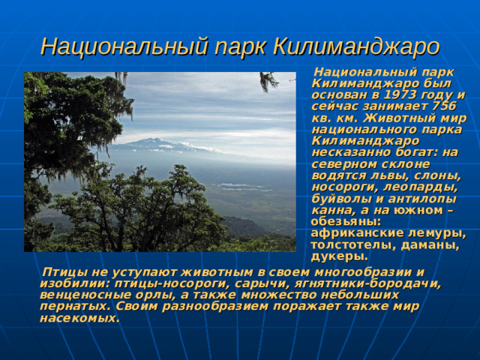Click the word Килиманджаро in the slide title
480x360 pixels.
[x=356, y=46]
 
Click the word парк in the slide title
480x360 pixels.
[x=237, y=46]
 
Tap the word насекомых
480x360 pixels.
[x=79, y=317]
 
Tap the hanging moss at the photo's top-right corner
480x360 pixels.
[x=268, y=81]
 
